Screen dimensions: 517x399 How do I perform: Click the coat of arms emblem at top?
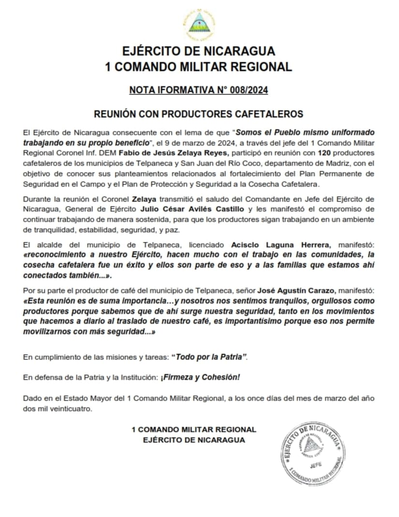tap(199, 22)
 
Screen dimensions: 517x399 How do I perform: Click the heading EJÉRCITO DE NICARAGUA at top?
tap(199, 50)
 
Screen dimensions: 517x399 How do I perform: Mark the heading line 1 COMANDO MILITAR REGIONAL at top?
tap(199, 67)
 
